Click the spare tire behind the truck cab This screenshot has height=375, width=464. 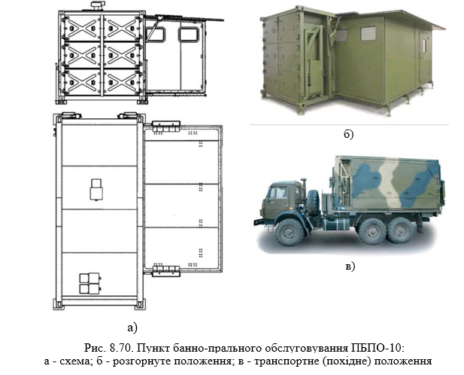(313, 203)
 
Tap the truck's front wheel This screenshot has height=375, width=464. (290, 232)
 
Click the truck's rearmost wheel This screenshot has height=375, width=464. (401, 230)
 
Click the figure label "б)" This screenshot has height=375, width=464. (349, 134)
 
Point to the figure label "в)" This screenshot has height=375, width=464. (350, 266)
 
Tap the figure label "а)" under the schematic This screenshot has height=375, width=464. (132, 328)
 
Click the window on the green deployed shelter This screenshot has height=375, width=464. (368, 33)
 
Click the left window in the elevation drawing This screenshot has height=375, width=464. (156, 34)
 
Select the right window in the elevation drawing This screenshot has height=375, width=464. (189, 34)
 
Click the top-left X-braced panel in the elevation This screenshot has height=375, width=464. (83, 28)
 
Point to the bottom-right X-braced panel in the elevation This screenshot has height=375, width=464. (122, 82)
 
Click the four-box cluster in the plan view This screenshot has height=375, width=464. (90, 283)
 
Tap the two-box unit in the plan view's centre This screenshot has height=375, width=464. (96, 190)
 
